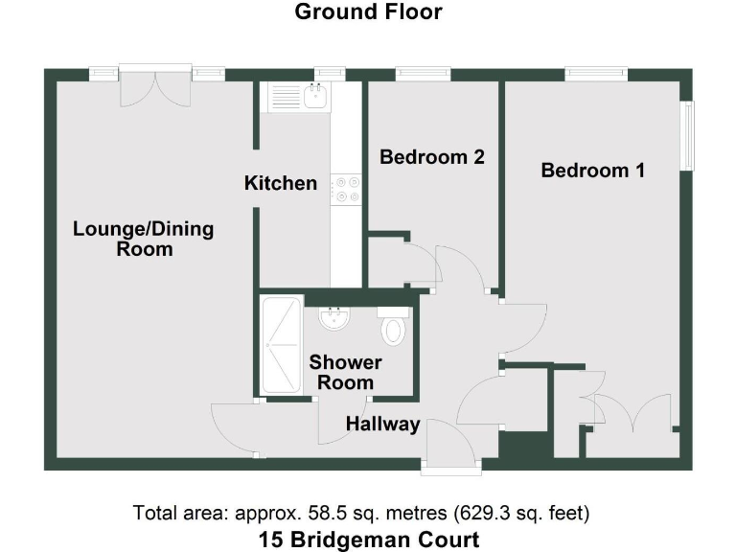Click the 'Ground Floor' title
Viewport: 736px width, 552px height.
[x=368, y=12]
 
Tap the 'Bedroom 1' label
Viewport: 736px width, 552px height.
[x=592, y=171]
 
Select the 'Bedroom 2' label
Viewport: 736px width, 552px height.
[x=431, y=156]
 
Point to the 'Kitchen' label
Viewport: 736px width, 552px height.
[x=280, y=182]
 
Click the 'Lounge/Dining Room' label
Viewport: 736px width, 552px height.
[x=144, y=239]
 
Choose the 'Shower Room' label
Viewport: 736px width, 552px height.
[x=345, y=373]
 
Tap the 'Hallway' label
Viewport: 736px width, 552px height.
[x=383, y=424]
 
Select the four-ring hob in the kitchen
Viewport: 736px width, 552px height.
[x=345, y=189]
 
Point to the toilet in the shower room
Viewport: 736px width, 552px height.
[x=393, y=329]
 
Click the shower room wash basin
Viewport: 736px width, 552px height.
[x=334, y=317]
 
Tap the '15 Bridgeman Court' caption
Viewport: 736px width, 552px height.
[x=368, y=539]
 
